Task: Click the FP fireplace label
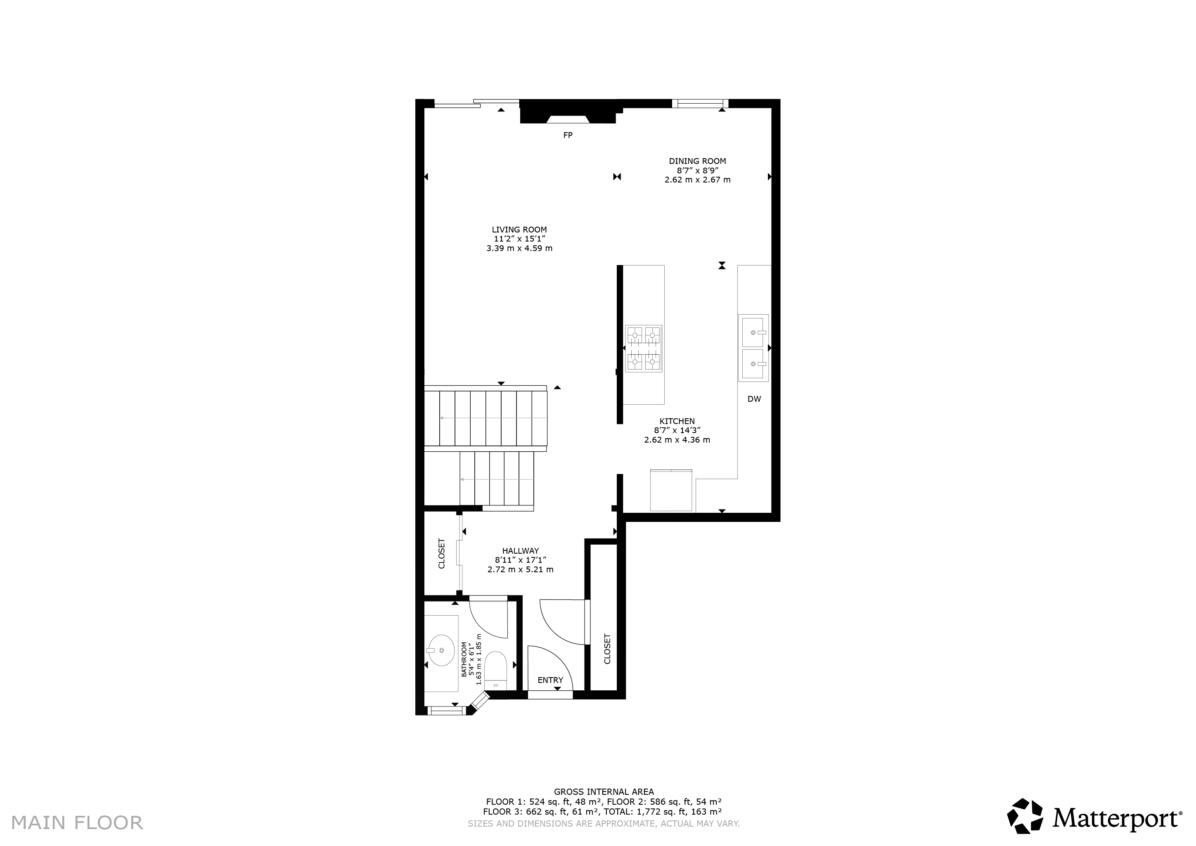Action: pos(568,135)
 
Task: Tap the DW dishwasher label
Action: pos(754,399)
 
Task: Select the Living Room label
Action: pos(519,230)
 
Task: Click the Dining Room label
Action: pos(697,161)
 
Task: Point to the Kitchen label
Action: pos(677,422)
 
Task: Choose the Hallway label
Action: pos(520,551)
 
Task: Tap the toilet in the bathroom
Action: pos(495,671)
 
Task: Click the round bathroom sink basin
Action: pos(441,650)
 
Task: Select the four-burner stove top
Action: pos(644,348)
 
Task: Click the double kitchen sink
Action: pos(753,348)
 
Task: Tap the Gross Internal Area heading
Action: pos(604,792)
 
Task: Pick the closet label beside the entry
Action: pos(607,649)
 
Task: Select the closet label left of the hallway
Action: pos(442,553)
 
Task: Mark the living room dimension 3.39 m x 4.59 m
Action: pos(519,249)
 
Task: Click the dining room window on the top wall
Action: pos(700,103)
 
